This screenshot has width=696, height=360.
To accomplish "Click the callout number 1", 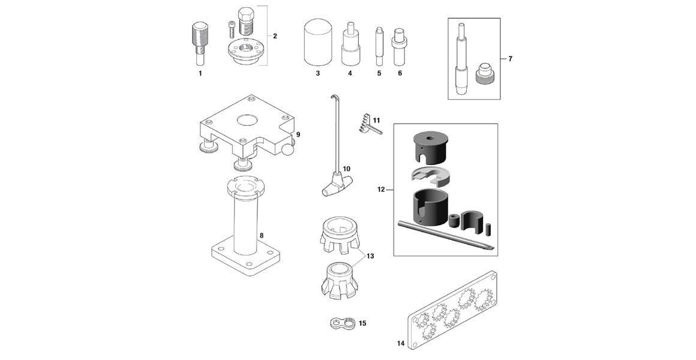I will pyautogui.click(x=200, y=73).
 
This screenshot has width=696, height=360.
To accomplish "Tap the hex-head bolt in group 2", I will pyautogui.click(x=244, y=22).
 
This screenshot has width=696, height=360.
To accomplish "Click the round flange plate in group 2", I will pyautogui.click(x=244, y=53).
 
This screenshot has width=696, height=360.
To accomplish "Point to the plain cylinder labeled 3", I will pyautogui.click(x=318, y=42).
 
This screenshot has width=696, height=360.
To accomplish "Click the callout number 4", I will pyautogui.click(x=350, y=73).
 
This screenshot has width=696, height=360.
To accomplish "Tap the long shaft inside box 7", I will pyautogui.click(x=461, y=60).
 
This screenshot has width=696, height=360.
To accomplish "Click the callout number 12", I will pyautogui.click(x=381, y=190).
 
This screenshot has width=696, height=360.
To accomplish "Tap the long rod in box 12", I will pyautogui.click(x=445, y=235).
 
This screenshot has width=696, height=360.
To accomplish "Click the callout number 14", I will pyautogui.click(x=400, y=344).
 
